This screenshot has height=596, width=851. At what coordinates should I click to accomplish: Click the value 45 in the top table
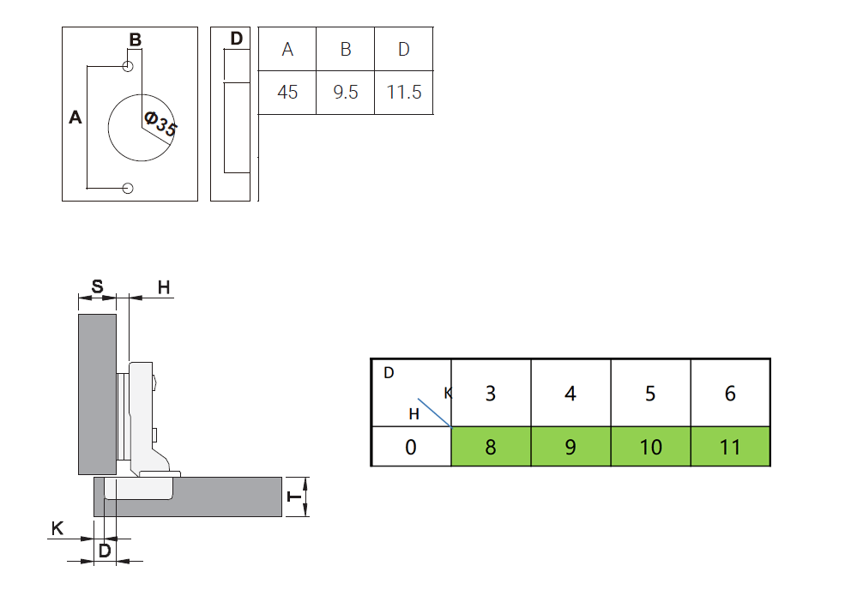tap(287, 92)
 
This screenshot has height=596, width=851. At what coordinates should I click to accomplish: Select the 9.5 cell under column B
tap(346, 92)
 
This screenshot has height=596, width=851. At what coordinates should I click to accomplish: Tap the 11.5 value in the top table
tap(404, 92)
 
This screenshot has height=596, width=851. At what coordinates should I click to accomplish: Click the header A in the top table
tap(287, 50)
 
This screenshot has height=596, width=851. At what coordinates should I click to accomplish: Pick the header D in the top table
tap(404, 50)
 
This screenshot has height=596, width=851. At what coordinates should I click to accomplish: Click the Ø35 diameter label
tap(160, 125)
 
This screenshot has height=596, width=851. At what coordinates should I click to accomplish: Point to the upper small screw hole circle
tap(128, 67)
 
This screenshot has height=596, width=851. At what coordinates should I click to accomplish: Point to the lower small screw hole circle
tap(128, 188)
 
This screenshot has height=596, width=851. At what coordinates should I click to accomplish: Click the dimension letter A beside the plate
tap(75, 118)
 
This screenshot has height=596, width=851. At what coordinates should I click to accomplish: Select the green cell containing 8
tap(491, 447)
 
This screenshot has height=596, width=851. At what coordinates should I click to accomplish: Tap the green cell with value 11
tap(730, 447)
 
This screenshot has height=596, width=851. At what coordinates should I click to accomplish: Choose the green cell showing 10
tap(650, 447)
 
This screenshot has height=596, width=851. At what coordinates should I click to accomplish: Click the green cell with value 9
tap(570, 447)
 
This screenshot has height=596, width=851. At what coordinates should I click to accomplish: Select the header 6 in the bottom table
tap(730, 394)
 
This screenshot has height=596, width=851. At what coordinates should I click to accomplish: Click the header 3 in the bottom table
tap(491, 394)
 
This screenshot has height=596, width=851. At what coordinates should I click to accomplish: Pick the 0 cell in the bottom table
tap(411, 447)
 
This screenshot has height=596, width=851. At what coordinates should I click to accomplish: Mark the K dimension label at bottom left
tap(57, 528)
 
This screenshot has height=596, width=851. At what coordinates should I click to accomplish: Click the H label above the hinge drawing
tap(164, 286)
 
